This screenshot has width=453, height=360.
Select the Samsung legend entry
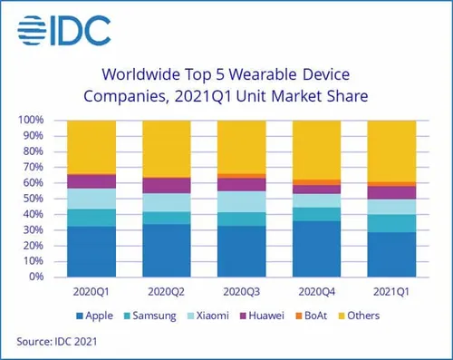[x=156, y=316]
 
